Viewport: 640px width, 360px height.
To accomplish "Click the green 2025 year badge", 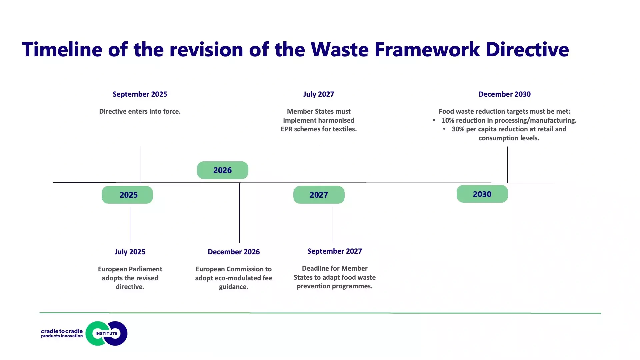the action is (x=127, y=195).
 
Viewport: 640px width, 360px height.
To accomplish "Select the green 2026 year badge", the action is (x=223, y=170).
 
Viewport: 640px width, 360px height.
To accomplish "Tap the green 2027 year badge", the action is (x=319, y=195).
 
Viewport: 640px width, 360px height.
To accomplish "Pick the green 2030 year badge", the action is (x=482, y=194).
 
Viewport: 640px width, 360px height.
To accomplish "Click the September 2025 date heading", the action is (x=140, y=94).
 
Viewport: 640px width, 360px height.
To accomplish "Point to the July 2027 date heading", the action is (x=319, y=94).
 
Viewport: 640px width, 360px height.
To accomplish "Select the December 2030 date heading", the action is (x=505, y=94).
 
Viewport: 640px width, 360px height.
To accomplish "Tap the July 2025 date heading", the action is (x=130, y=252).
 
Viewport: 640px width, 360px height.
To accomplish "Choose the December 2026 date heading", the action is (x=234, y=252).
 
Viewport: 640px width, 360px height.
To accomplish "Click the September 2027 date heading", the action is (x=335, y=251).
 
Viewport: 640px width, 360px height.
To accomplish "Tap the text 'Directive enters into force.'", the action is (x=140, y=111).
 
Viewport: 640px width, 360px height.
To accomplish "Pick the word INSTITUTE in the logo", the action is (x=107, y=333).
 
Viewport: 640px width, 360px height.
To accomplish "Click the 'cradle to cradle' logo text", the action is (x=62, y=331).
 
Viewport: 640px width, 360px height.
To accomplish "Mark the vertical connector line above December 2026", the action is (x=239, y=213).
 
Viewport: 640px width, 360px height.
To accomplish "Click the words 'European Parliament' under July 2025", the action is (x=130, y=269).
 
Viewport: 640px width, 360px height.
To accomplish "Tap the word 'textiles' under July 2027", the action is (x=343, y=129).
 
